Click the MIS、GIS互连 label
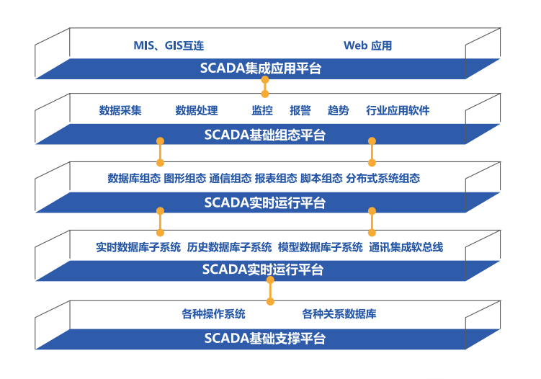coord(169,45)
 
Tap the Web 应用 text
coord(367,45)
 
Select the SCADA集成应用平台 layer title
coord(261,68)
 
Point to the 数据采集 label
coord(120,110)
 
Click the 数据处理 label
coord(197,110)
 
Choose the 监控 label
coord(262,110)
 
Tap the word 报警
coord(300,110)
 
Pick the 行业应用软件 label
coord(398,110)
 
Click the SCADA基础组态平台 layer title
coord(264,135)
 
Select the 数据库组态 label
coord(134,178)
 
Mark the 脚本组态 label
coord(321,178)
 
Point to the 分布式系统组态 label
coord(383,178)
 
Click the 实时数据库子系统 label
coord(138,247)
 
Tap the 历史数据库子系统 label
coord(229,247)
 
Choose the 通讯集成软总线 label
coord(406,247)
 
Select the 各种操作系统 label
coord(213,313)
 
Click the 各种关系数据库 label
coord(339,313)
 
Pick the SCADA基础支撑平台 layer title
coord(264,338)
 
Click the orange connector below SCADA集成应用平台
coord(265,86)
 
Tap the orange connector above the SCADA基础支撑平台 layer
coord(271,290)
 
